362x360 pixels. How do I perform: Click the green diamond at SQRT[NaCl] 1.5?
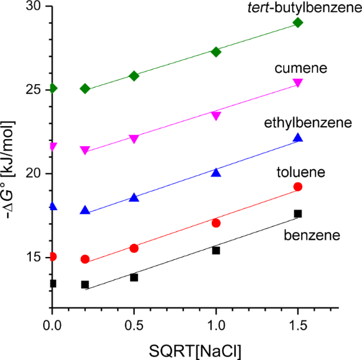pyautogui.click(x=298, y=22)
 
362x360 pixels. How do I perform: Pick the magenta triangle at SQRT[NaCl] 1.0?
pyautogui.click(x=216, y=116)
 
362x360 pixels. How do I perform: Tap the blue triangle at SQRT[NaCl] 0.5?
pyautogui.click(x=134, y=197)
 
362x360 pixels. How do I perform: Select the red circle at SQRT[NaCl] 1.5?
pyautogui.click(x=298, y=187)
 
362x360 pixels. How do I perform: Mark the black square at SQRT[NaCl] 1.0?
pyautogui.click(x=216, y=250)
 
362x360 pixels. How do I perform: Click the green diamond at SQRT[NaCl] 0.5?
pyautogui.click(x=134, y=76)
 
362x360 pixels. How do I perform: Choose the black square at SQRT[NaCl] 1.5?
pyautogui.click(x=298, y=213)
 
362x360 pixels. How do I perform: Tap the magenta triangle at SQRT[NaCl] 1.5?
pyautogui.click(x=298, y=83)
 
